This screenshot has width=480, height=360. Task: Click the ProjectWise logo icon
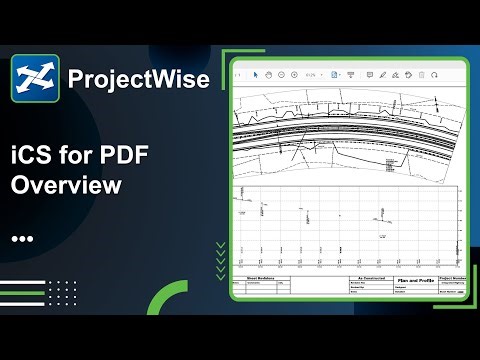coord(36,78)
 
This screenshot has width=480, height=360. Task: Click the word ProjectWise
coord(138,79)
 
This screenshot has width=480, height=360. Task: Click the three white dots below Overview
coord(22,240)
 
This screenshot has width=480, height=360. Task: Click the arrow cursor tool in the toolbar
coord(256,74)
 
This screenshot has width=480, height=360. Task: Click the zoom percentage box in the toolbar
coord(313,74)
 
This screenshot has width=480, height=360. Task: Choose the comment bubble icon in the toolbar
coord(368,74)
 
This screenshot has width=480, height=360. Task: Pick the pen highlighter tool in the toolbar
coord(382,74)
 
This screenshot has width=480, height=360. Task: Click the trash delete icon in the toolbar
coord(421,74)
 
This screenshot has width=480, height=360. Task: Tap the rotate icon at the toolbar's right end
coord(435,74)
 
